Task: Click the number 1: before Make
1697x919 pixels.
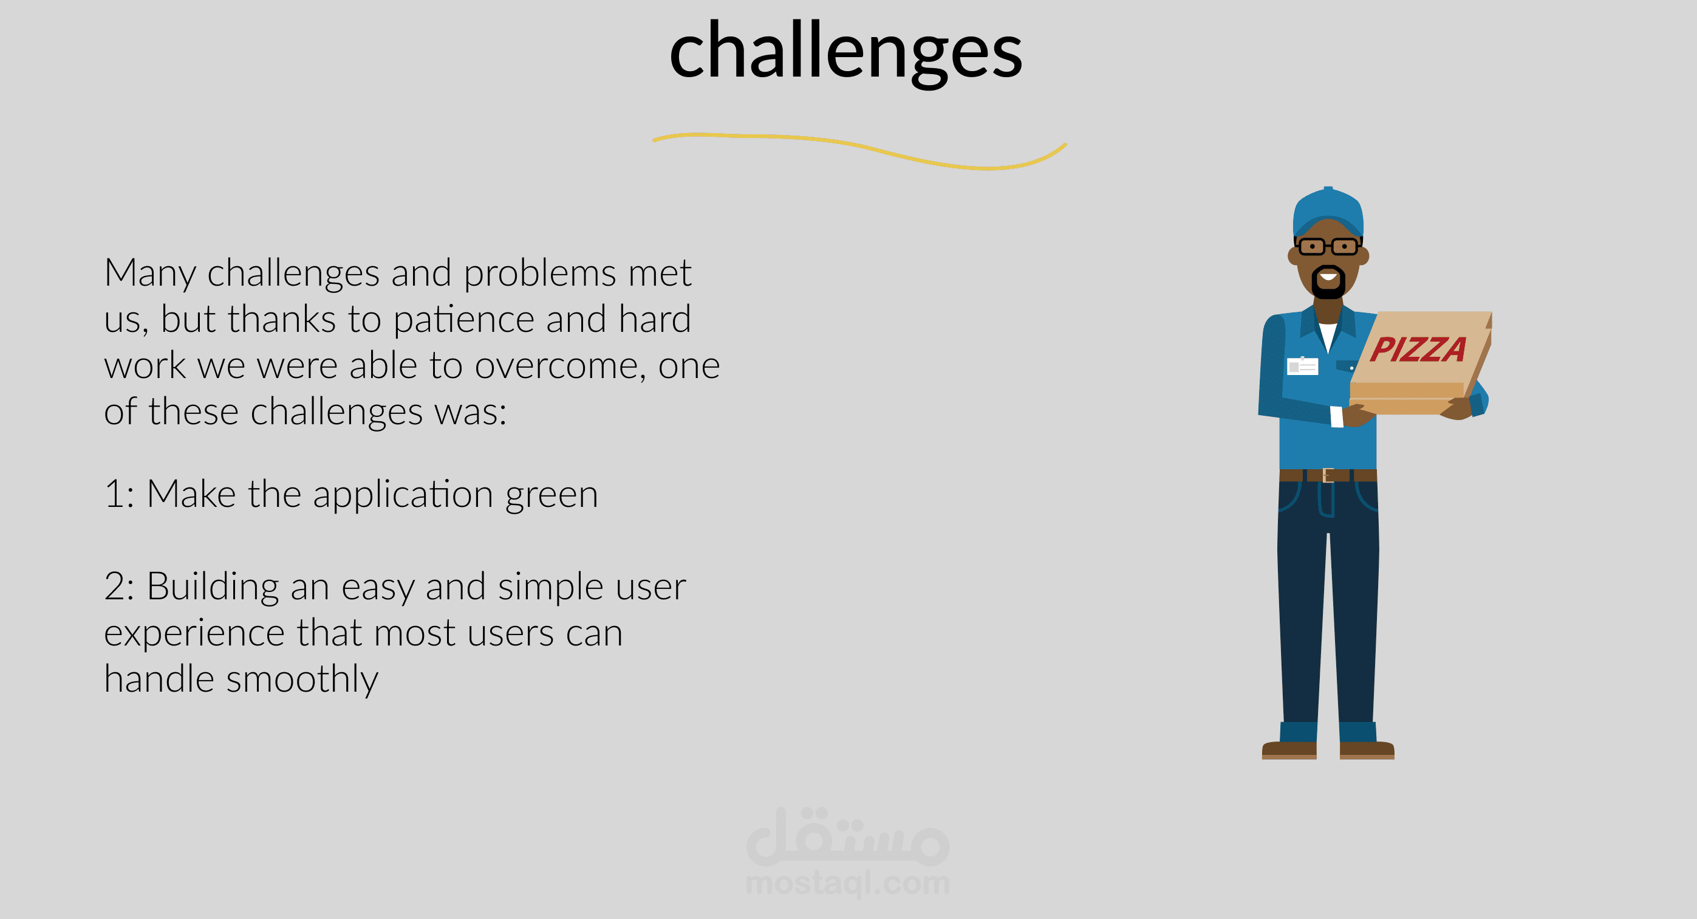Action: point(119,494)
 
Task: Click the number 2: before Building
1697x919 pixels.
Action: point(119,587)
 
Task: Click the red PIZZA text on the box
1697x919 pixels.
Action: point(1418,349)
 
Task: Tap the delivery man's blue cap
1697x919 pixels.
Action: point(1328,212)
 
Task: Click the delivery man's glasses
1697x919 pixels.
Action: point(1328,247)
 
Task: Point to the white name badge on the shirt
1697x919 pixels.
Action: point(1302,366)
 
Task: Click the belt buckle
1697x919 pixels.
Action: point(1328,475)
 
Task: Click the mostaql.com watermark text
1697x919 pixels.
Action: point(848,883)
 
